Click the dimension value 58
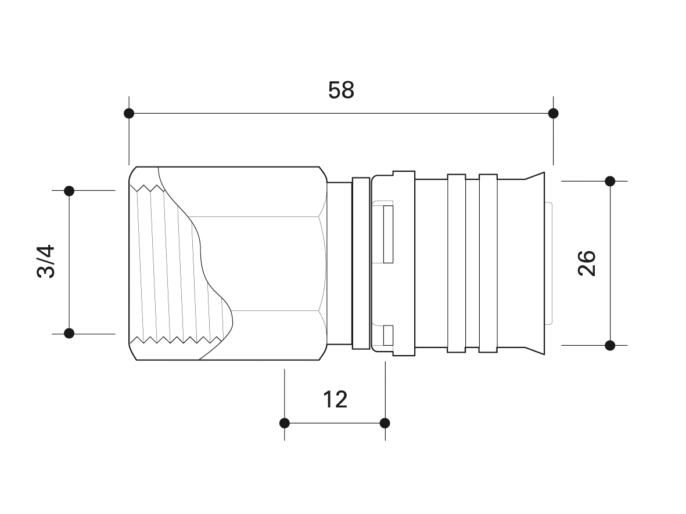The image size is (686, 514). point(341,90)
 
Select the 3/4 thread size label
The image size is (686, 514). point(46,262)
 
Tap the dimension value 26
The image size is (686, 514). point(587,263)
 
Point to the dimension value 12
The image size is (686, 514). point(335,400)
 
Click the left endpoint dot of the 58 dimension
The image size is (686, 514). point(129,114)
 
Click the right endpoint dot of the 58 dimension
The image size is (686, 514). point(553,114)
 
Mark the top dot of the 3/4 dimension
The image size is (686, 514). point(69,191)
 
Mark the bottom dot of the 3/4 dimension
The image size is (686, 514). point(69,334)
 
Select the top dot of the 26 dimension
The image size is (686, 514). point(610,181)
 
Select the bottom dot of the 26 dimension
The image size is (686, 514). point(610,345)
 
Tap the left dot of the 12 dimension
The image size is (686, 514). point(285,423)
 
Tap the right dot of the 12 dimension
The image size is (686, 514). point(385,423)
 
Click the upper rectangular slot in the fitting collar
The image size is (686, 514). point(388,234)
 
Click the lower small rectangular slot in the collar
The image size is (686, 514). point(388,335)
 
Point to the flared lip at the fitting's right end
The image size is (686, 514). point(535,263)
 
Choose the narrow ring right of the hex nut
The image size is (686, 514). point(361,263)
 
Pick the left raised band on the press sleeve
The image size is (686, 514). point(457,263)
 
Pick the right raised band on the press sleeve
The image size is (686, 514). point(489,263)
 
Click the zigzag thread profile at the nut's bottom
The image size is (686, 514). point(175,339)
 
